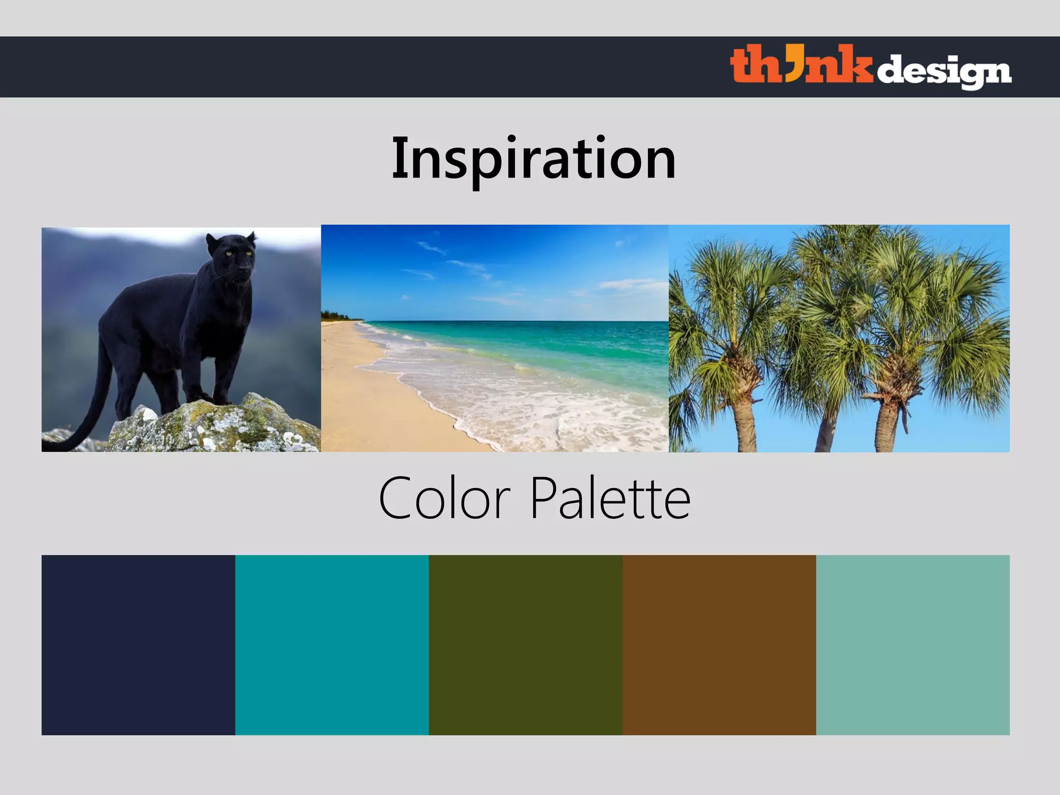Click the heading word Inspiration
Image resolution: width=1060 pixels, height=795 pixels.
(x=534, y=158)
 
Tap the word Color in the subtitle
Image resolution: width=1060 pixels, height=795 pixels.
(x=445, y=498)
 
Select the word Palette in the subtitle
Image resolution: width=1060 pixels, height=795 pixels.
(x=611, y=498)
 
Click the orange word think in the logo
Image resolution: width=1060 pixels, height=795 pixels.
(x=801, y=66)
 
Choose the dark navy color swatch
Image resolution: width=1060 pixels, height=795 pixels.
(x=138, y=645)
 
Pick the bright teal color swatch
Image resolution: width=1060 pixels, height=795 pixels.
(x=332, y=645)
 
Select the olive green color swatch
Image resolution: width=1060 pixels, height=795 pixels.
(x=525, y=645)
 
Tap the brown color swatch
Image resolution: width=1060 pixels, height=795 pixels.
(x=719, y=645)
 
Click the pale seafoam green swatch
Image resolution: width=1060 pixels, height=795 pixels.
(x=912, y=645)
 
